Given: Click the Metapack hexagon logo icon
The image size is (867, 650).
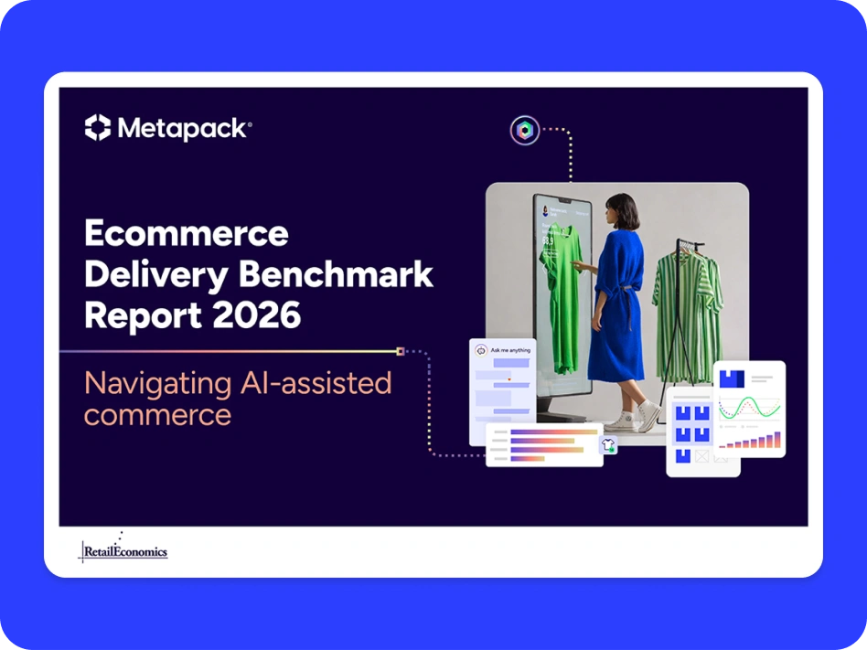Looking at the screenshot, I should click(x=98, y=128).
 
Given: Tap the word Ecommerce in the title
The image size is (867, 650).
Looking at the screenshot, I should click(x=187, y=233).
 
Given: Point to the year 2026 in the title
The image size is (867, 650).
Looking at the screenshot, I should click(x=259, y=315).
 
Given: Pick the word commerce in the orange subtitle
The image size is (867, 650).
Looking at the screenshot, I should click(x=157, y=415).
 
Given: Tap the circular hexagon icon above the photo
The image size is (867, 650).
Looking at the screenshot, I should click(x=525, y=130).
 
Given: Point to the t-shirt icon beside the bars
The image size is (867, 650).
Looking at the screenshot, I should click(x=608, y=445).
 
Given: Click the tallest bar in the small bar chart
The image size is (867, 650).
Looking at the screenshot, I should click(x=777, y=441).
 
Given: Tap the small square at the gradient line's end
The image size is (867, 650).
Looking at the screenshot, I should click(x=400, y=350).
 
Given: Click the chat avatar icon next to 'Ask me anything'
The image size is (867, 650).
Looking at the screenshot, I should click(x=481, y=349).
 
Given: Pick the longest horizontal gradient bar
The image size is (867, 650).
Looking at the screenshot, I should click(x=553, y=432).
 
